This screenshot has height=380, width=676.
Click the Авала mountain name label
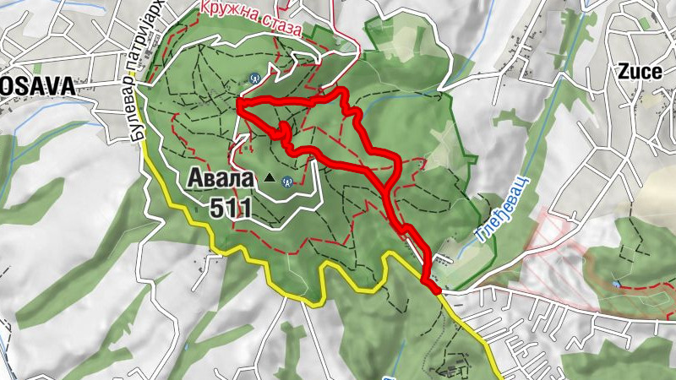click(x=218, y=179)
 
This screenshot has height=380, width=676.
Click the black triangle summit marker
click(x=270, y=177)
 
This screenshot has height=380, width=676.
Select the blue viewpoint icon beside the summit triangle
click(x=288, y=180)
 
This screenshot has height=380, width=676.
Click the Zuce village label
click(x=639, y=71)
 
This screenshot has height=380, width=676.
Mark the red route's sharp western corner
click(x=240, y=104)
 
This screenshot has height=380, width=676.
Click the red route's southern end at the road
click(x=436, y=289)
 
